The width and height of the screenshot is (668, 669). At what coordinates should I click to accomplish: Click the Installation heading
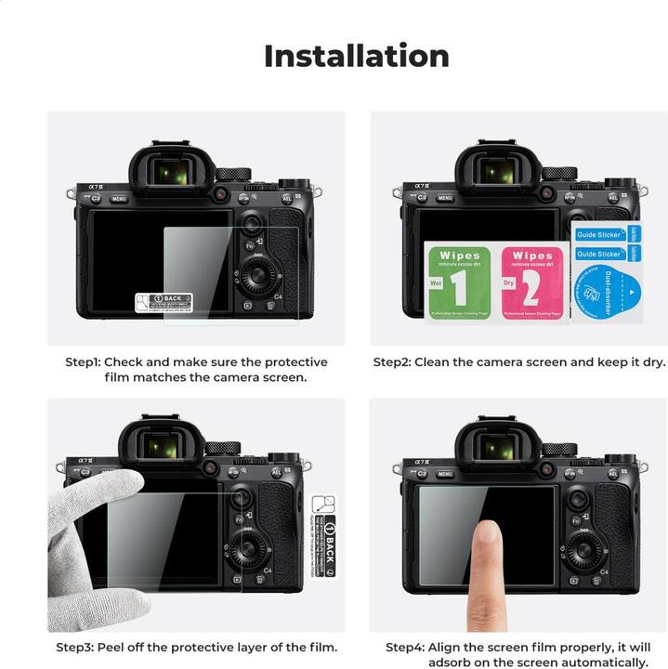click(356, 56)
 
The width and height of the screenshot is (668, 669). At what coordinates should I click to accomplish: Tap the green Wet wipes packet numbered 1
click(458, 282)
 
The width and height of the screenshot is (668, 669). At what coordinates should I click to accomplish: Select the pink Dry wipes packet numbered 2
click(532, 282)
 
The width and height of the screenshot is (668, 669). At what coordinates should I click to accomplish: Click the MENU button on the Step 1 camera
click(119, 198)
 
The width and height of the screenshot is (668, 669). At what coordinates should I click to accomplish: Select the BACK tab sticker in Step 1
click(164, 301)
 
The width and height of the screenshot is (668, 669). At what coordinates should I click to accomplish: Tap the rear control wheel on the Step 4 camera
click(584, 551)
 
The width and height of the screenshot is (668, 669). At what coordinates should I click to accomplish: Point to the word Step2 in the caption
click(394, 362)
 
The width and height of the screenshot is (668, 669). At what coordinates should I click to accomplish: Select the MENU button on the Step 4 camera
click(445, 474)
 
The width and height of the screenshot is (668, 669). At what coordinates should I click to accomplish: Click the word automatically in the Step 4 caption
click(600, 662)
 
